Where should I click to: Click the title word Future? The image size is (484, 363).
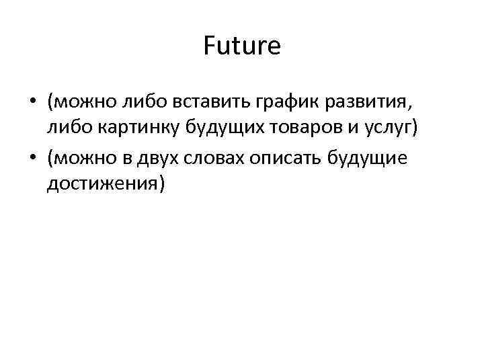(241, 47)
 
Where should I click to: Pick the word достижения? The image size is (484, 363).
(101, 184)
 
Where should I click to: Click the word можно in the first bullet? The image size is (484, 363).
(82, 102)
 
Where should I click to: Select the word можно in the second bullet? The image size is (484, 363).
(82, 157)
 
